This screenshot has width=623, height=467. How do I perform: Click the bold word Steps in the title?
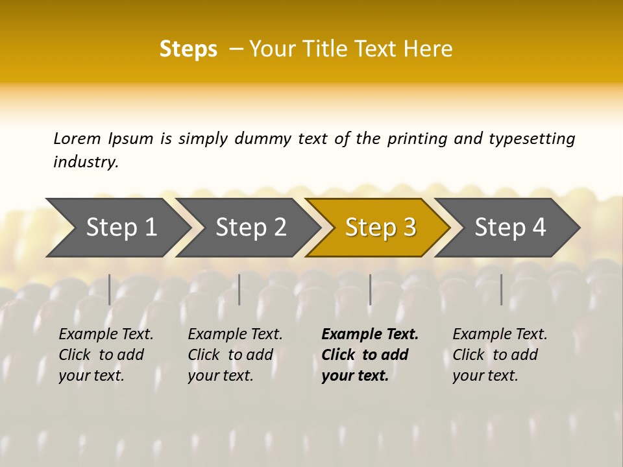click(188, 49)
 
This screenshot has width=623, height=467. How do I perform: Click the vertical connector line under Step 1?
click(110, 289)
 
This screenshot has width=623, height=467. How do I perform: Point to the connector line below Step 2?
click(239, 289)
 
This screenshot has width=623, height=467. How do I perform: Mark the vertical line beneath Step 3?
click(370, 289)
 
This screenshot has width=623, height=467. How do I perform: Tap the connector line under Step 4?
click(501, 289)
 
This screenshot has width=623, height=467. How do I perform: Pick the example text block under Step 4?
click(500, 355)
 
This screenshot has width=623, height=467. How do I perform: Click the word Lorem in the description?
click(77, 138)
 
